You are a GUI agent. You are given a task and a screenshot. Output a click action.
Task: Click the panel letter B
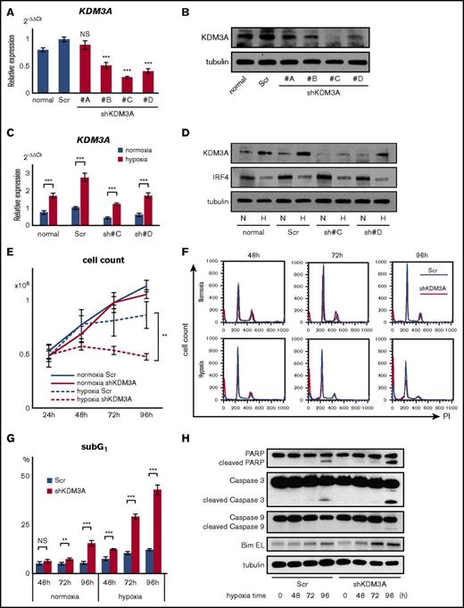(232, 12)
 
